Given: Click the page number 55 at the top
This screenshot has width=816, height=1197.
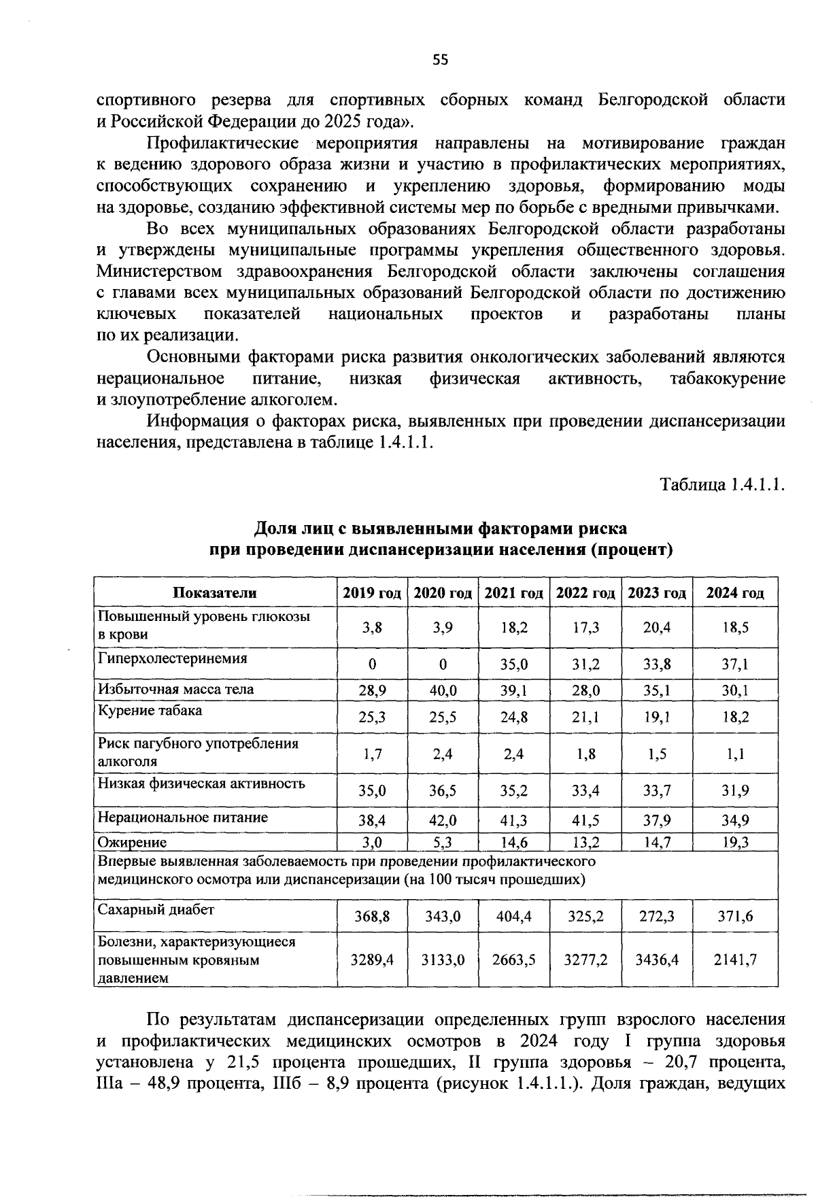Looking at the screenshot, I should pos(440,60).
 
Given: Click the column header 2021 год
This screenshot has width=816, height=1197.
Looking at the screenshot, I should pos(513,592).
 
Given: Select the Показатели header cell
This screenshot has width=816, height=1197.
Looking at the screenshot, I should pos(215,592).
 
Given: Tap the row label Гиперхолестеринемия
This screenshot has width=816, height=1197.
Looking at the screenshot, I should pos(173,658).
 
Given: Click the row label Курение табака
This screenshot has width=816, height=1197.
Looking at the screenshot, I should pos(150,711).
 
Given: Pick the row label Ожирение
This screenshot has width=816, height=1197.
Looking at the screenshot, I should pos(133,843).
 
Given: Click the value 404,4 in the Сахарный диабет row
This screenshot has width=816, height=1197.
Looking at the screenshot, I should pos(513,916).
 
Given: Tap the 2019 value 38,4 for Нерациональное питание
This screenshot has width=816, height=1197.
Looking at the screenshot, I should pos(372,820).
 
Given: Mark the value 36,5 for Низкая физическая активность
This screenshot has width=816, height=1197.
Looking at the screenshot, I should pos(443,790).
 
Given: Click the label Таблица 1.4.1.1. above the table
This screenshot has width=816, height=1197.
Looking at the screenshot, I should pos(722,486).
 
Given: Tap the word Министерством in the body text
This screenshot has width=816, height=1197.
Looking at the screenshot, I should pos(159,271).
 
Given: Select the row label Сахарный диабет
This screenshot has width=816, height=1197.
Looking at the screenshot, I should pos(156,910).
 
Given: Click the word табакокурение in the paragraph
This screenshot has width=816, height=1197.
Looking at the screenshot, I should pos(727,378).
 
